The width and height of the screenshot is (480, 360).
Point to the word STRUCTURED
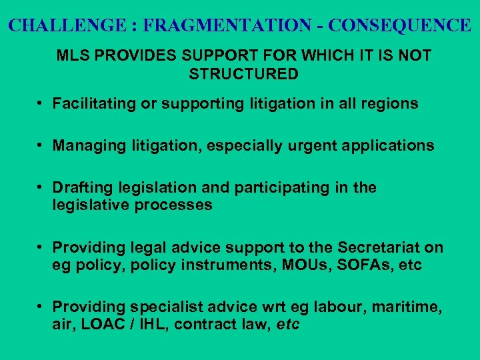(244, 74)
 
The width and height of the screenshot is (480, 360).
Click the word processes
(176, 205)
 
